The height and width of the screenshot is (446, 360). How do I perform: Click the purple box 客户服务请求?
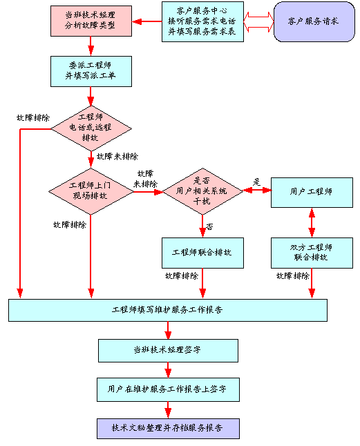(314, 21)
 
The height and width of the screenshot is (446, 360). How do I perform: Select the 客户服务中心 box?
(202, 21)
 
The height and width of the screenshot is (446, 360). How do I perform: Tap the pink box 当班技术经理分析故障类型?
(91, 21)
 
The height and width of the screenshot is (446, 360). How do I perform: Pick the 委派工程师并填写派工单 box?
(91, 71)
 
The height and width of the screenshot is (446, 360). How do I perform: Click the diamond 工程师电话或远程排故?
(91, 128)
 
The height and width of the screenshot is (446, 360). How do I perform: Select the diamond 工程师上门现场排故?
(91, 192)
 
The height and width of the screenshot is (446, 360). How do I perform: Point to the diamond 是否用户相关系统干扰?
(202, 191)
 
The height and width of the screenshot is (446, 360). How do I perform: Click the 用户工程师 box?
(312, 193)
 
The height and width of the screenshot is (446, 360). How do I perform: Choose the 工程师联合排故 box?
(202, 253)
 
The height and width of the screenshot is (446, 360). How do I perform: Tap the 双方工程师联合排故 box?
(312, 253)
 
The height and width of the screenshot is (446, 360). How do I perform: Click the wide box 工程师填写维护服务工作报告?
(168, 310)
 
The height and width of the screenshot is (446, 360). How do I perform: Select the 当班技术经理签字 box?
(168, 351)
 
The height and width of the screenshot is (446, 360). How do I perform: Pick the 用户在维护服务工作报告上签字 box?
(168, 389)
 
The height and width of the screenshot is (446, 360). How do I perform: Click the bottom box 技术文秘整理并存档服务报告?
(168, 428)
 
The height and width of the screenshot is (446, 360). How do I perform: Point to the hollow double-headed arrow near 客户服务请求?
(258, 22)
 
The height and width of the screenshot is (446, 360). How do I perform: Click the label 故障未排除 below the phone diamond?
(117, 157)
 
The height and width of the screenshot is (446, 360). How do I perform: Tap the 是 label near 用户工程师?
(256, 182)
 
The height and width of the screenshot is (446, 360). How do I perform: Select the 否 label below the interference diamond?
(209, 226)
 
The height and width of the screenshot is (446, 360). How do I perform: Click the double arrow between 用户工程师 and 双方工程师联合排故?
(312, 223)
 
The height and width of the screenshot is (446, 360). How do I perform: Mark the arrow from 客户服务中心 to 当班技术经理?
(147, 21)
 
